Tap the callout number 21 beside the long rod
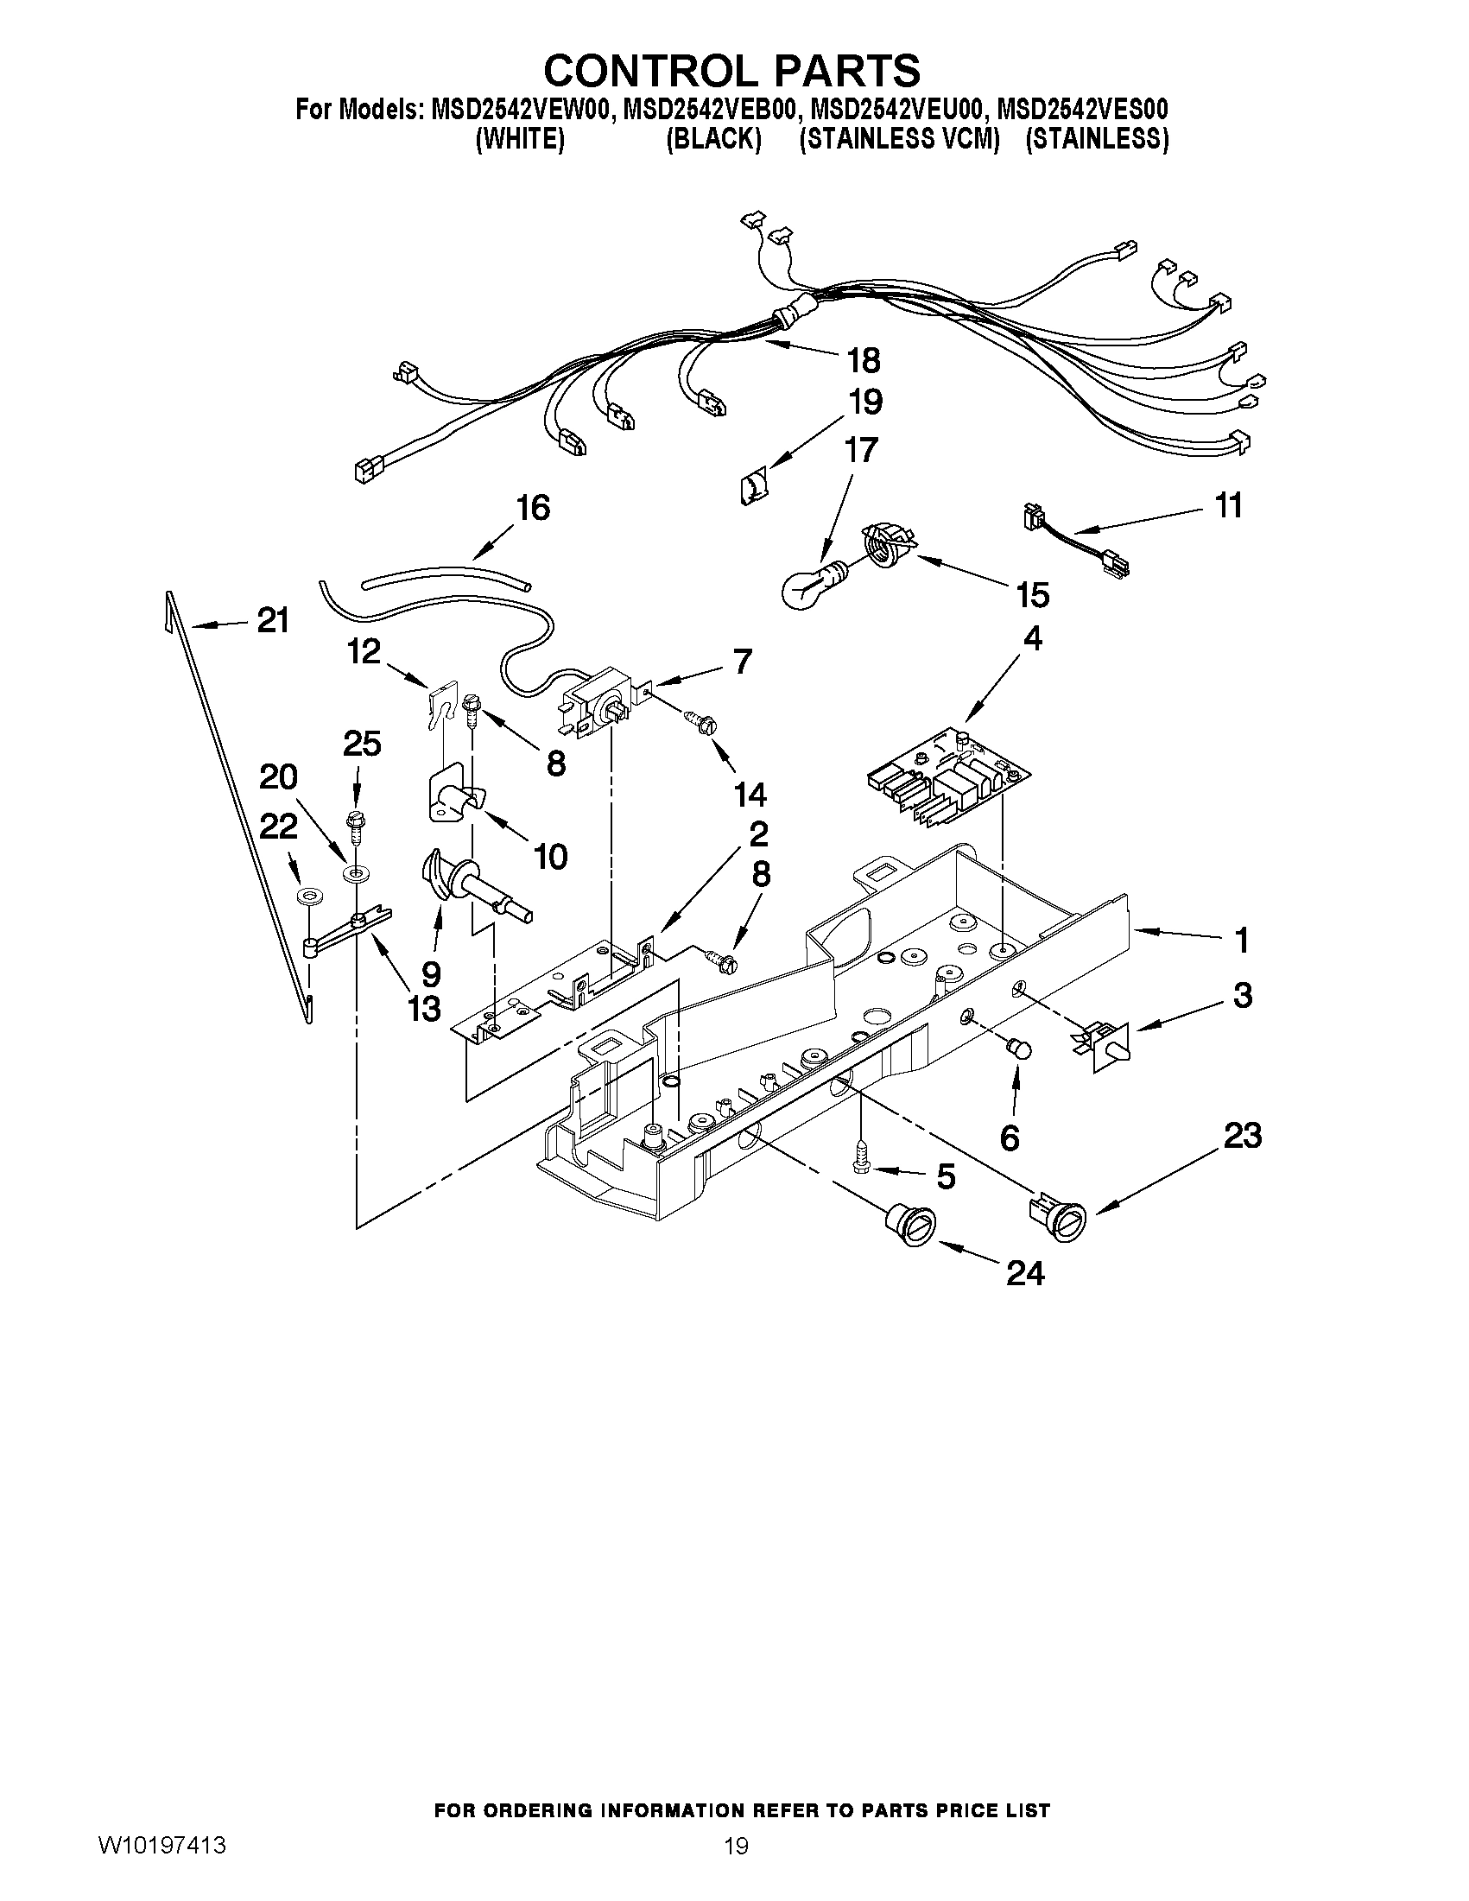tap(272, 621)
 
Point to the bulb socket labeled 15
tap(888, 547)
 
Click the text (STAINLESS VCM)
tap(898, 140)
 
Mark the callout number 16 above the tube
tap(533, 508)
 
